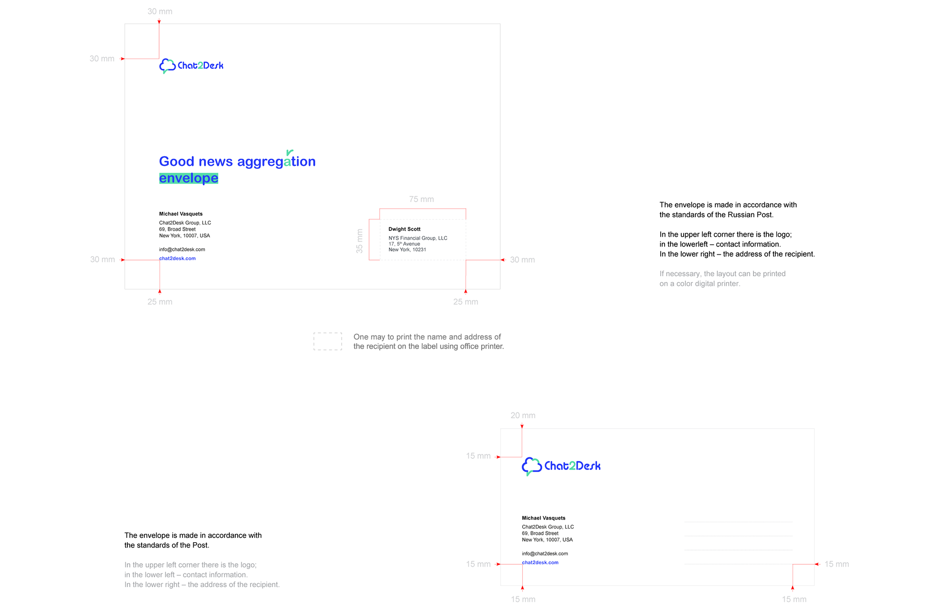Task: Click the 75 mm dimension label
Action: (421, 199)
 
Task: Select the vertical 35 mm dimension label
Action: (360, 241)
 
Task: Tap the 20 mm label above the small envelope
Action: (523, 415)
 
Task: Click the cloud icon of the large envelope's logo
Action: (167, 65)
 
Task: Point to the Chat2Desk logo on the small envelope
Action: (561, 466)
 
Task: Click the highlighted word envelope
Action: (189, 178)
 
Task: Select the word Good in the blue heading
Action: (177, 162)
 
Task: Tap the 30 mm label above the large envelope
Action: (160, 11)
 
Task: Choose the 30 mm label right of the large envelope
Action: (522, 260)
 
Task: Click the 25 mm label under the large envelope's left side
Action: (160, 302)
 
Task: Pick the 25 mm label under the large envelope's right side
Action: (466, 302)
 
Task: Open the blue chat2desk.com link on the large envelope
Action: (177, 259)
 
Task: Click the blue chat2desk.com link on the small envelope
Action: (540, 563)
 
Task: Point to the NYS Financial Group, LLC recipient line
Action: (418, 238)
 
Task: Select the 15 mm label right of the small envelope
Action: (836, 564)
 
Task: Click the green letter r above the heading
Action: (289, 152)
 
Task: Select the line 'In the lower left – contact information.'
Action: (186, 575)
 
